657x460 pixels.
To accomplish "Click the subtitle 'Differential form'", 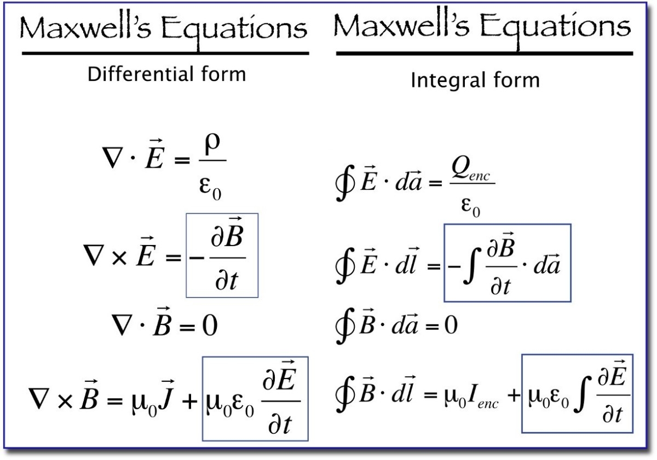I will (167, 74).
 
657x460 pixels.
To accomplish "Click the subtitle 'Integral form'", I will (475, 80).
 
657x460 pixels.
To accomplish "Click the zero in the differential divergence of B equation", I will (206, 327).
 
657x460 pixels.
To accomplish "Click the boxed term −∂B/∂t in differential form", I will (222, 255).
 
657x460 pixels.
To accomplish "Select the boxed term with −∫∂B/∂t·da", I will (507, 263).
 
